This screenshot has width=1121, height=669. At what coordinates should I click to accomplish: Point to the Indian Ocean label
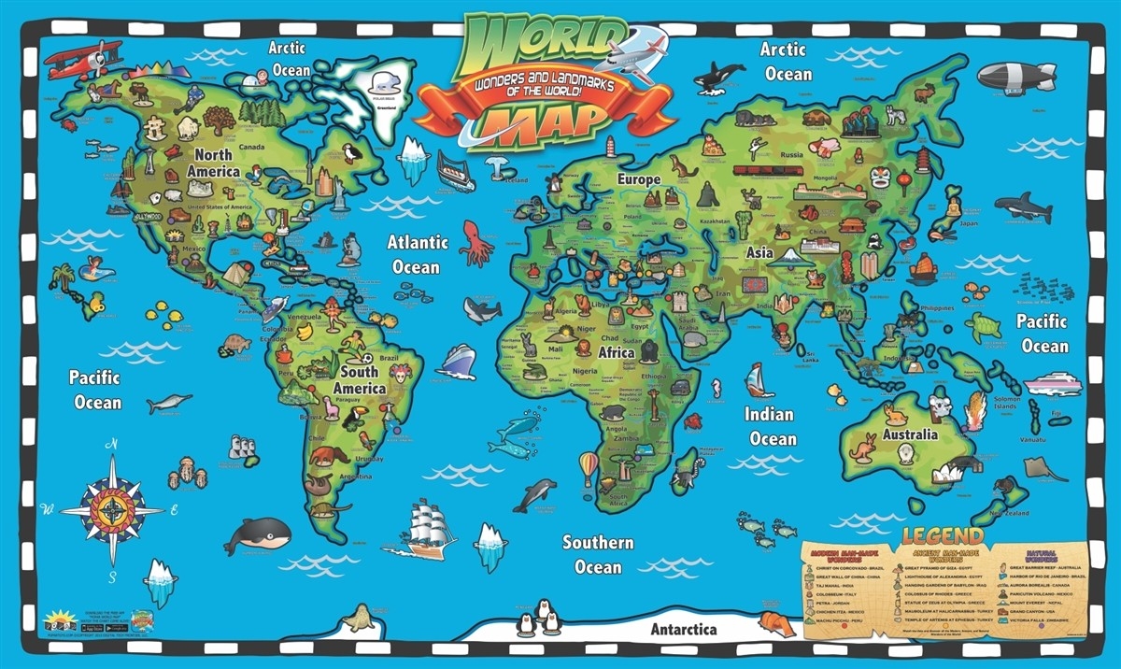click(x=771, y=426)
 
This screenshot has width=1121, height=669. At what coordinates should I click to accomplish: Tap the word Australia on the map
click(x=910, y=434)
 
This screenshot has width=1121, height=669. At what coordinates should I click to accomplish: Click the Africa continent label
click(x=616, y=353)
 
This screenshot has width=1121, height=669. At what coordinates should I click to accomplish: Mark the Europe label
click(x=638, y=178)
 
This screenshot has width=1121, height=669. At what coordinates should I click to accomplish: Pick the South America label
click(x=360, y=379)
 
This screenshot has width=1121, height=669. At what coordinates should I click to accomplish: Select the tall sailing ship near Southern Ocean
click(x=431, y=528)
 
